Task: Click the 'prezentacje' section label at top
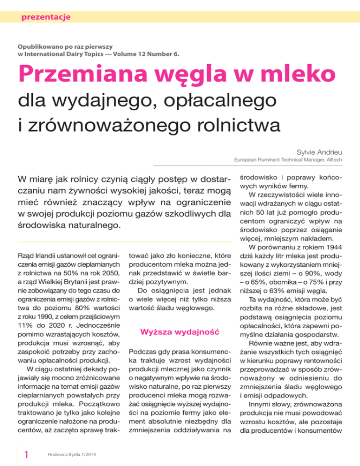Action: (x=43, y=18)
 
